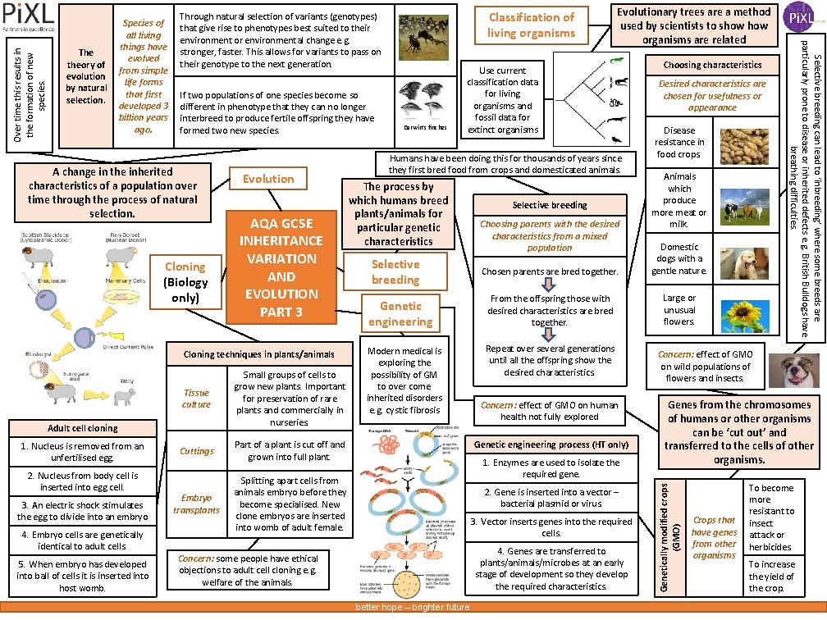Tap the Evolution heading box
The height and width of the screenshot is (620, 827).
[x=267, y=179]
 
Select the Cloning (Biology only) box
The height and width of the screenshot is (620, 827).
[x=185, y=282]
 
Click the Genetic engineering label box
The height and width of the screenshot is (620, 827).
[x=400, y=313]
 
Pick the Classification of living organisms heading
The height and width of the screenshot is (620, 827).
[x=532, y=25]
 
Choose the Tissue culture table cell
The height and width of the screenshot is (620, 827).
[x=197, y=399]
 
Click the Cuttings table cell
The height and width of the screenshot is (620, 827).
[x=197, y=451]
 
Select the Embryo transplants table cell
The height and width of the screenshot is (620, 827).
[x=197, y=504]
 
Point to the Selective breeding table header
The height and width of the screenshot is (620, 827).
[x=550, y=205]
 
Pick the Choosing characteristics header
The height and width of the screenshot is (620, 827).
[x=712, y=65]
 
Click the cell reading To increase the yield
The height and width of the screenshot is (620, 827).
[x=771, y=576]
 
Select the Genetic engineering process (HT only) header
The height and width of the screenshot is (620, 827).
[x=551, y=444]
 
